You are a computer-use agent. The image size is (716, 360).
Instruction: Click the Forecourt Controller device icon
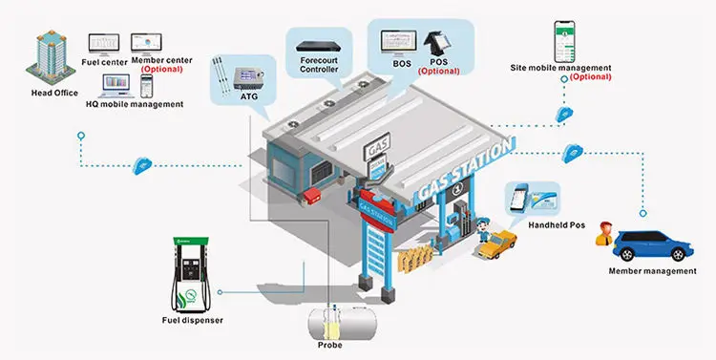[x=317, y=43]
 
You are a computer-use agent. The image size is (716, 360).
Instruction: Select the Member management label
[x=652, y=272]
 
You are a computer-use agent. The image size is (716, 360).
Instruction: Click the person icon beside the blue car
[x=603, y=232]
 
